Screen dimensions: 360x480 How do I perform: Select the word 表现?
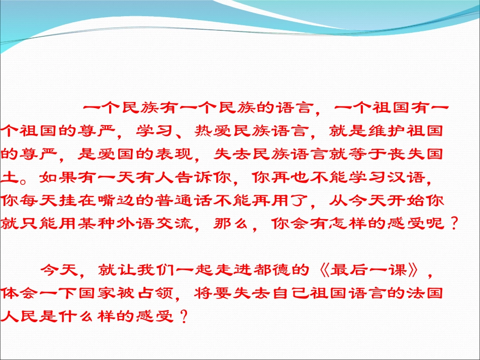point(179,152)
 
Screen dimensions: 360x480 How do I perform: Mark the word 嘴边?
point(125,200)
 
